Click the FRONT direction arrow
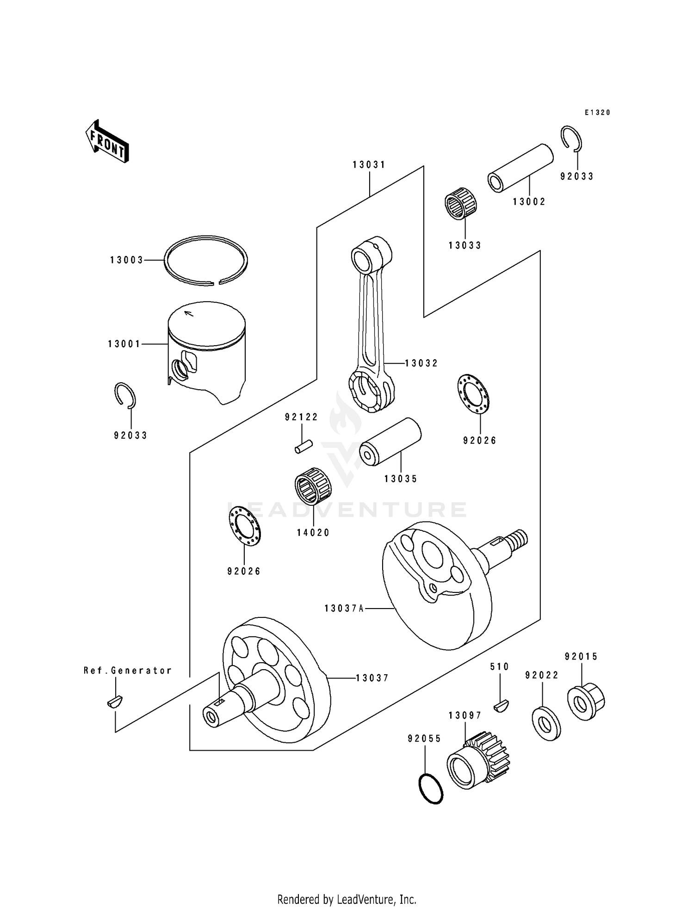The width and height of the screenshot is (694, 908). pyautogui.click(x=107, y=141)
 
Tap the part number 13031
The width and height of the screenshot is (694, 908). pyautogui.click(x=369, y=165)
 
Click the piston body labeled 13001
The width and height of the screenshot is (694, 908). pyautogui.click(x=207, y=352)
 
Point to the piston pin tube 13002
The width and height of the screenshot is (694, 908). pyautogui.click(x=520, y=168)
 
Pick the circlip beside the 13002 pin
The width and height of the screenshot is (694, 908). pyautogui.click(x=571, y=138)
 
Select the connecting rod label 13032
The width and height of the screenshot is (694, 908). pyautogui.click(x=421, y=363)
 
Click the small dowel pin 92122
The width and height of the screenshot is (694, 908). pyautogui.click(x=304, y=447)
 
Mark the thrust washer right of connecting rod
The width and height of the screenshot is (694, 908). pyautogui.click(x=475, y=395)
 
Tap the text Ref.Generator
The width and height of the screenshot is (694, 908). pyautogui.click(x=128, y=671)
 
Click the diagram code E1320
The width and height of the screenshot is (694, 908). pyautogui.click(x=597, y=112)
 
